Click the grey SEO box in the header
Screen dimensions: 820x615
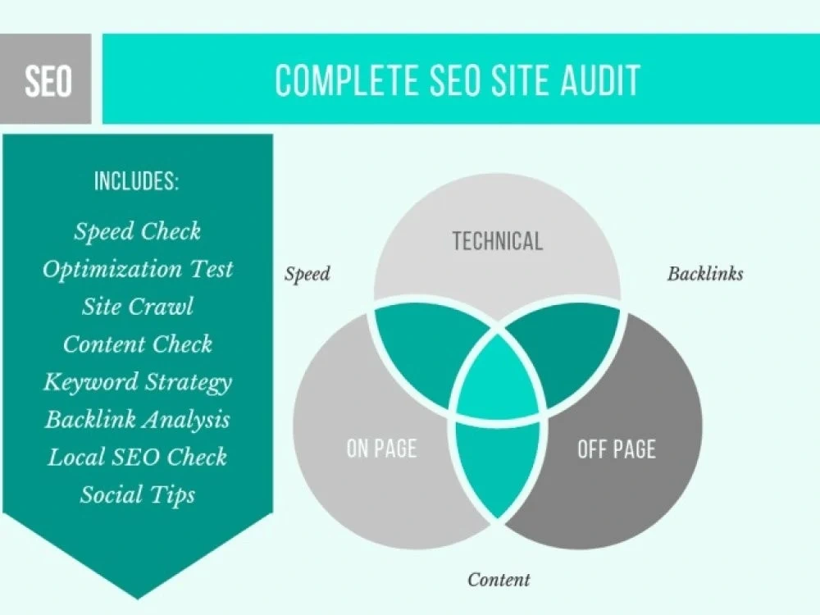(45, 79)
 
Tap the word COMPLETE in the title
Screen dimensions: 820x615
(347, 80)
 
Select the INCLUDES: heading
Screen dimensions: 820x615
(136, 181)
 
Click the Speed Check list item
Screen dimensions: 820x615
(137, 231)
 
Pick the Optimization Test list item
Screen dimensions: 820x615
(138, 269)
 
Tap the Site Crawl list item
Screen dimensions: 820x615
(138, 307)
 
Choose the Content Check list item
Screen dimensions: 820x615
(138, 344)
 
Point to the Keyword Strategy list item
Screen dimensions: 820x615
(138, 383)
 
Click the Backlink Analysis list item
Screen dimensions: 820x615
(138, 420)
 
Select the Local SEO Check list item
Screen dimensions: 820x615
(138, 457)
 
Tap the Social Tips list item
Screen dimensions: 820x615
(138, 495)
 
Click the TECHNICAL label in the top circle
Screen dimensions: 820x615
(498, 241)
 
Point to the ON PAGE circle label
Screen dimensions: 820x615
(382, 449)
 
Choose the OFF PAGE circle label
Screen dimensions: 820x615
(617, 449)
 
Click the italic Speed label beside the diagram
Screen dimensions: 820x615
(307, 274)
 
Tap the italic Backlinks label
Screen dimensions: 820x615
(705, 274)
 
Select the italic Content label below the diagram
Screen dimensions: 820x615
(499, 580)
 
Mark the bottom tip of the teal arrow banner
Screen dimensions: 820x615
(138, 599)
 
